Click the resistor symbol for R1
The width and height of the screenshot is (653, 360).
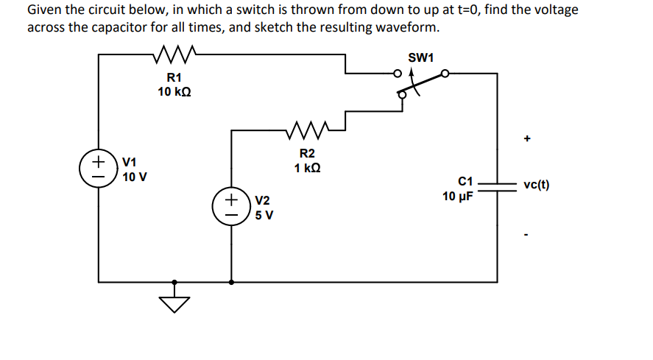pyautogui.click(x=174, y=54)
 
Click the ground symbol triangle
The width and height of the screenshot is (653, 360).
pyautogui.click(x=174, y=303)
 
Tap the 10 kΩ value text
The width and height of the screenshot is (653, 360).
pyautogui.click(x=175, y=92)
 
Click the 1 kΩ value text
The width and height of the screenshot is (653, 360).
pyautogui.click(x=307, y=168)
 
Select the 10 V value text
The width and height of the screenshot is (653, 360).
pyautogui.click(x=135, y=177)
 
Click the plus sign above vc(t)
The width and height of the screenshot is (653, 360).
pyautogui.click(x=527, y=138)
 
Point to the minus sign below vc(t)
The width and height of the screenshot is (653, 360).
pyautogui.click(x=527, y=235)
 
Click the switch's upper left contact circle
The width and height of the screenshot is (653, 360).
pyautogui.click(x=397, y=74)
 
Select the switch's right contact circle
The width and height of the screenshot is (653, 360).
pyautogui.click(x=445, y=74)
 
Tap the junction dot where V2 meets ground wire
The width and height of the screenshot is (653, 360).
pyautogui.click(x=232, y=280)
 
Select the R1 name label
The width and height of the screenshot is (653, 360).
pyautogui.click(x=174, y=78)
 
